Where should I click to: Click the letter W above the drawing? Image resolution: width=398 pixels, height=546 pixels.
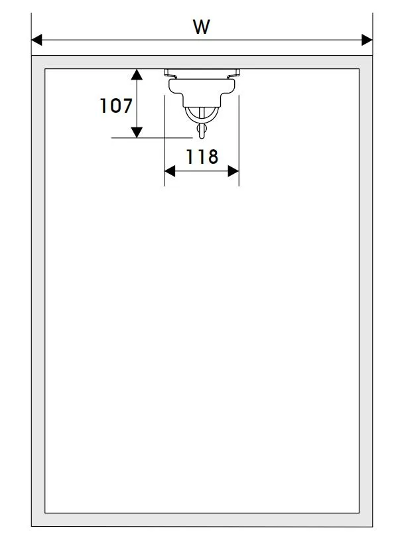[x=201, y=27]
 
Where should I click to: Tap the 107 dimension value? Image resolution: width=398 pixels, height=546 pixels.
[x=116, y=106]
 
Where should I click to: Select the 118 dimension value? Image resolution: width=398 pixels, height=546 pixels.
[x=202, y=157]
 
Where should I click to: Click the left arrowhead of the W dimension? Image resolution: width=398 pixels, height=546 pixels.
[x=36, y=40]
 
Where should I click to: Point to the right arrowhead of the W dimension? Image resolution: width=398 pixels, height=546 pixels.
[x=367, y=40]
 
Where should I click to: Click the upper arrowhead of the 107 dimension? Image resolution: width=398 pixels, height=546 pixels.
[x=137, y=74]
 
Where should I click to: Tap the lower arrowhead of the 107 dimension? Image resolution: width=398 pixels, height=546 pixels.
[x=137, y=132]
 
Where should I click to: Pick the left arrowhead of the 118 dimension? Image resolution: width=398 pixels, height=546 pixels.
[x=170, y=171]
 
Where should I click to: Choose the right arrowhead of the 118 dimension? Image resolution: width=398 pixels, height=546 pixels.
[x=233, y=171]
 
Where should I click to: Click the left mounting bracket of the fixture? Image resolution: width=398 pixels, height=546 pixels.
[x=170, y=74]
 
